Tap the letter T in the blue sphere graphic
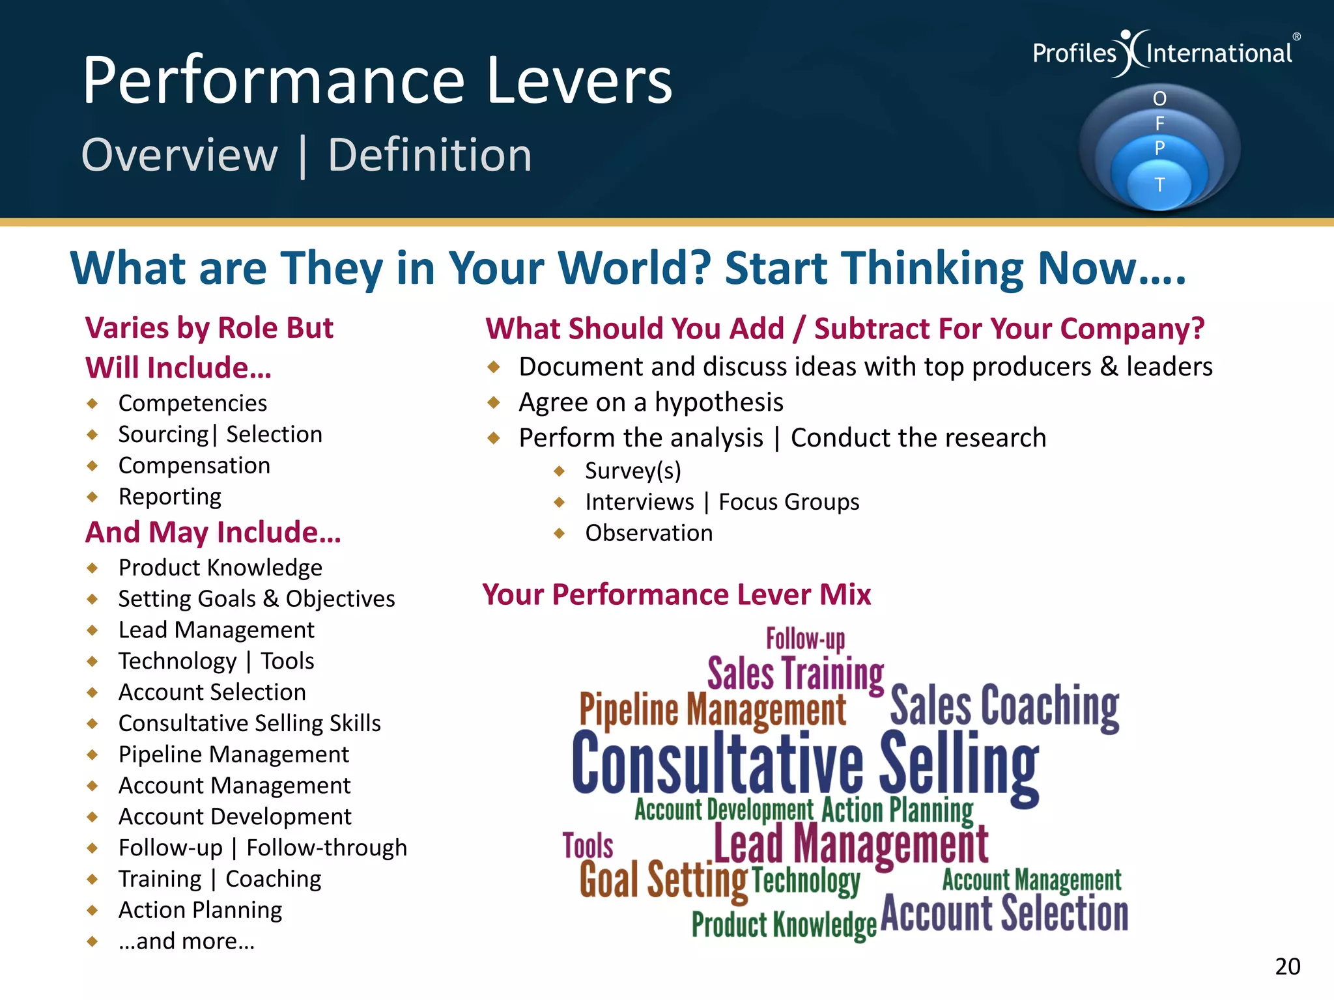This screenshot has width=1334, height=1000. [1159, 186]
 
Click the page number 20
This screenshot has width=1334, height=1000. [1287, 966]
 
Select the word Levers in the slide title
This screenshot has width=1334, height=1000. [579, 81]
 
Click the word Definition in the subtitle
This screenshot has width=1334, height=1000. [430, 156]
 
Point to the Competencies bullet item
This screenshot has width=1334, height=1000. [193, 404]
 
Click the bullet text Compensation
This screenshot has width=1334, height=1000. [194, 465]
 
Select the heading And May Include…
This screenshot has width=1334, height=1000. [213, 533]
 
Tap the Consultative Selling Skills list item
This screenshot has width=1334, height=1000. [249, 723]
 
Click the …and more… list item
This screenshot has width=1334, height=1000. [186, 941]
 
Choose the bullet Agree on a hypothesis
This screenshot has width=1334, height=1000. [651, 402]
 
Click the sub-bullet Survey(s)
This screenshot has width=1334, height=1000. [633, 471]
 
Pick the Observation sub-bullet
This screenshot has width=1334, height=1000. [649, 533]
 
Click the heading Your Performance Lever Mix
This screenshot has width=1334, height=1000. [676, 594]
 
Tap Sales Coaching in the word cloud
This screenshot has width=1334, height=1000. [1004, 706]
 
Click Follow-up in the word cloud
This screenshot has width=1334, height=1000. [805, 639]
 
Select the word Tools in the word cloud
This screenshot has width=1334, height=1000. [588, 846]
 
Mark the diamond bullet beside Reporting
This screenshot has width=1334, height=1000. [92, 497]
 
